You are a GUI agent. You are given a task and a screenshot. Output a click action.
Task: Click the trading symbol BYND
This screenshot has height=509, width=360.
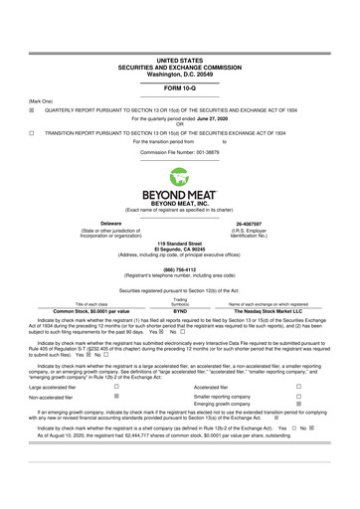click(180, 310)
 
